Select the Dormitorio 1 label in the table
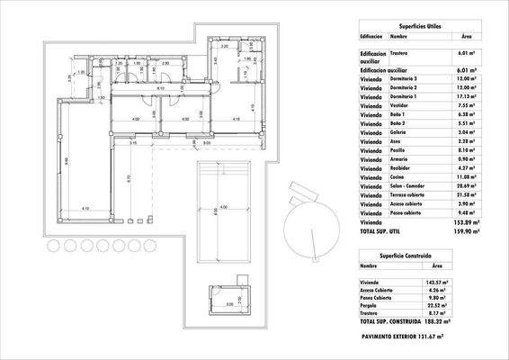(x=406, y=97)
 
